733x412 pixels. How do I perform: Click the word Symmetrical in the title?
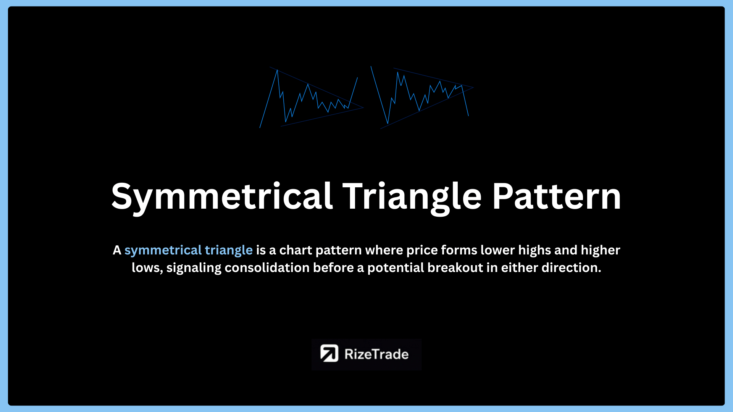[x=222, y=197]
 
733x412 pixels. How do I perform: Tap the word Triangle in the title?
[x=412, y=197]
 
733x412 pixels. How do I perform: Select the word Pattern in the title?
[x=556, y=196]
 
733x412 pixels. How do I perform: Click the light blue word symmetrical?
[x=163, y=250]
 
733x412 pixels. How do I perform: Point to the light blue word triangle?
[x=229, y=250]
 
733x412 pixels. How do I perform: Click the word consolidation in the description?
[x=267, y=267]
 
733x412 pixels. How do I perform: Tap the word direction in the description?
[x=572, y=267]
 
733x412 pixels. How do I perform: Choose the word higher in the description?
[x=601, y=250]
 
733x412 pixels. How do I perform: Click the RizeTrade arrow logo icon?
[x=329, y=353]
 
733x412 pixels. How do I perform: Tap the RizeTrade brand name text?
[x=376, y=354]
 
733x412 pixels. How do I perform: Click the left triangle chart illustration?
[x=312, y=97]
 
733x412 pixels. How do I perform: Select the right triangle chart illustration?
[x=422, y=98]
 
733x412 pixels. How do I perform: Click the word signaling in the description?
[x=194, y=268]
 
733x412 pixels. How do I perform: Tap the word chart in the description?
[x=296, y=250]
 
